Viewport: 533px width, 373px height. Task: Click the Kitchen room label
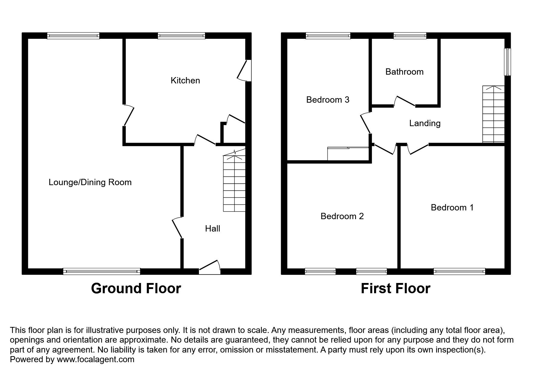click(185, 80)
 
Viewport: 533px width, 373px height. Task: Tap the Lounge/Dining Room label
click(90, 182)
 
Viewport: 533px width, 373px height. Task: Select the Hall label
click(212, 228)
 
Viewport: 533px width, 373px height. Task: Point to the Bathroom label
click(404, 72)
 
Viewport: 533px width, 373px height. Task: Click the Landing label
click(425, 123)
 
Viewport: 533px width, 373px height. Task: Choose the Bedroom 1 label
click(452, 207)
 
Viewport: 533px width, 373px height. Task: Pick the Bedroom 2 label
click(342, 216)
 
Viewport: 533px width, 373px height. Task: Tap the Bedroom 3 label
click(327, 100)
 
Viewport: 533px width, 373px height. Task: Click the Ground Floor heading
click(136, 288)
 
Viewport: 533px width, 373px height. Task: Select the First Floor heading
click(395, 288)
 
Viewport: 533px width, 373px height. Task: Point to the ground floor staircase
click(234, 184)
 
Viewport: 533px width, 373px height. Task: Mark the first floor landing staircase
click(493, 114)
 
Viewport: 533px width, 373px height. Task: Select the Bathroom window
click(410, 36)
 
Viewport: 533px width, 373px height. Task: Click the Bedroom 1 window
click(459, 272)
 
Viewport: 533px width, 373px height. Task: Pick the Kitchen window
click(181, 36)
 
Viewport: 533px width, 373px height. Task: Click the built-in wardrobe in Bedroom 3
click(348, 154)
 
